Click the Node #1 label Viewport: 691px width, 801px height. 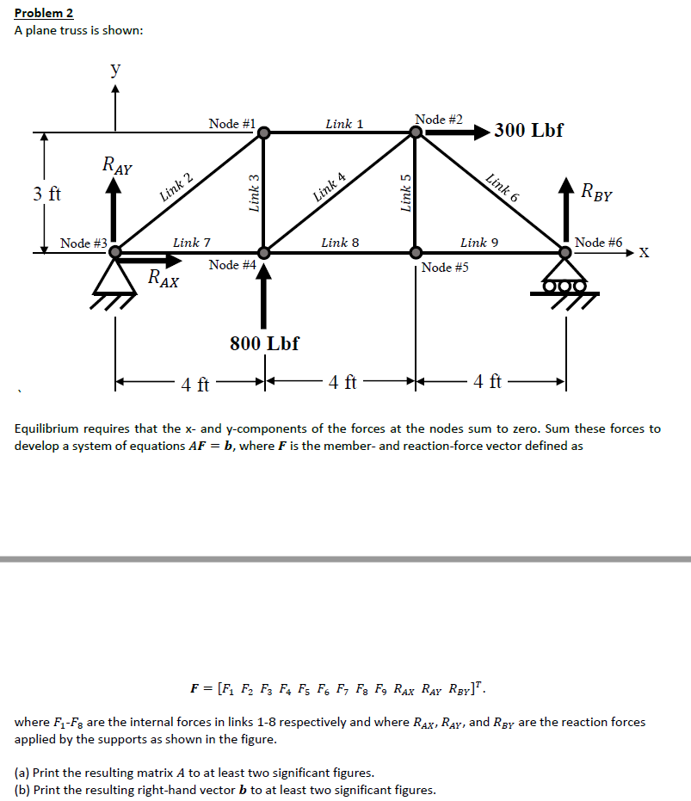231,124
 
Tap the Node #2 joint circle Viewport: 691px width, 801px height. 416,132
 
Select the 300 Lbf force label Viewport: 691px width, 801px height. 528,131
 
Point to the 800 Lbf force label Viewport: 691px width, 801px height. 264,343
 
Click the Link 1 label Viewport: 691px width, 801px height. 344,124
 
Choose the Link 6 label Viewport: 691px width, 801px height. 503,188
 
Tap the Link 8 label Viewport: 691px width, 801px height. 334,243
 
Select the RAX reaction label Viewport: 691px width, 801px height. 163,278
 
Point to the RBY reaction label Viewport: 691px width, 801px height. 596,192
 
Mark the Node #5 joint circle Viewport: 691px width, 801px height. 416,253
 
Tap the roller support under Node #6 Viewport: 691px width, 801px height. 566,284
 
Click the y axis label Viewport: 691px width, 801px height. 114,71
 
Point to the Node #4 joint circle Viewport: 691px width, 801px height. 264,253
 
